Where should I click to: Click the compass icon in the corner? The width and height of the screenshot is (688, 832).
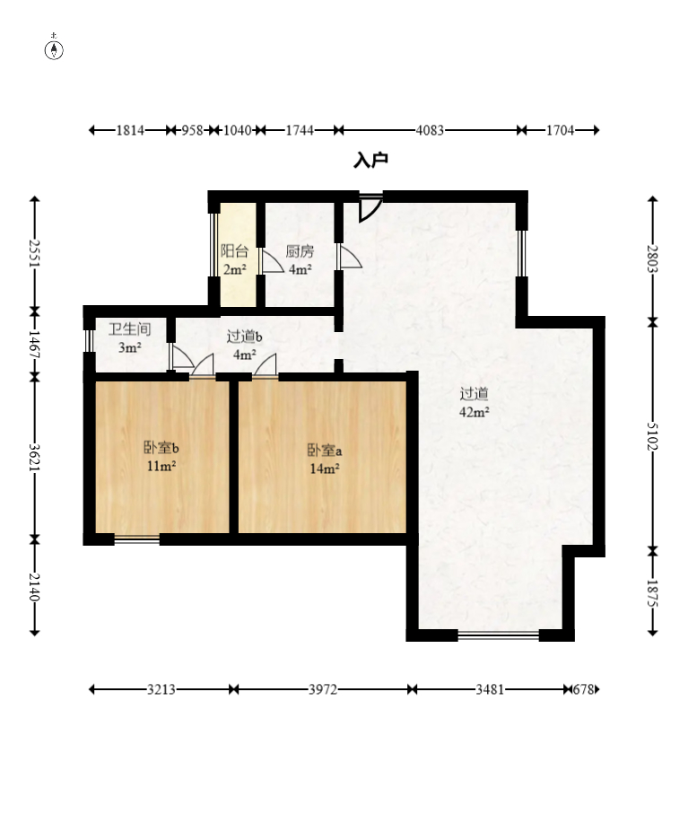coord(54,48)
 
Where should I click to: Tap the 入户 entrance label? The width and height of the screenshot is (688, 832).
coord(370,161)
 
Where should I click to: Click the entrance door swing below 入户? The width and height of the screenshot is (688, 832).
coord(370,208)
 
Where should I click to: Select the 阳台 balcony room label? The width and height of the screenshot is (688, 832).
coord(234,250)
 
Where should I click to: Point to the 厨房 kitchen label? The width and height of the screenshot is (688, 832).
coord(300,250)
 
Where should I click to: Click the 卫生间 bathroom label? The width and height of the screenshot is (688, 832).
coord(130,329)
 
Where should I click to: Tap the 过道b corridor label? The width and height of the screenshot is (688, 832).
coord(244,337)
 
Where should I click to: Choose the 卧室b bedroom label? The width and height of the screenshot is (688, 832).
coord(161,448)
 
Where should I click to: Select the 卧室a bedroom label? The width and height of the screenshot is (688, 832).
coord(325,451)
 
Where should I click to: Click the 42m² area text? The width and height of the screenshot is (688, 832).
coord(475,412)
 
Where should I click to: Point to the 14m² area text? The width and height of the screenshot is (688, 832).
coord(325,469)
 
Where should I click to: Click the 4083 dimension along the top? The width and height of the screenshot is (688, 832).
coord(430,130)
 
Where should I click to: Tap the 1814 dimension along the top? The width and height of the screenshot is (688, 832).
coord(130,130)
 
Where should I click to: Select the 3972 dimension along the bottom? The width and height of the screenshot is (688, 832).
coord(323,689)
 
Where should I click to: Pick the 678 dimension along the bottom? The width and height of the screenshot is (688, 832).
coord(583,689)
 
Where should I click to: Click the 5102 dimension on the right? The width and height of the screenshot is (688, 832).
coord(652,436)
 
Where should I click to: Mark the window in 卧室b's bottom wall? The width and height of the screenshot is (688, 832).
coord(137,539)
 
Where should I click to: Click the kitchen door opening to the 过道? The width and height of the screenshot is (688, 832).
coord(350,256)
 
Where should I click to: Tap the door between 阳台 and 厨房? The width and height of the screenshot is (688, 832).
coord(272,261)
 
